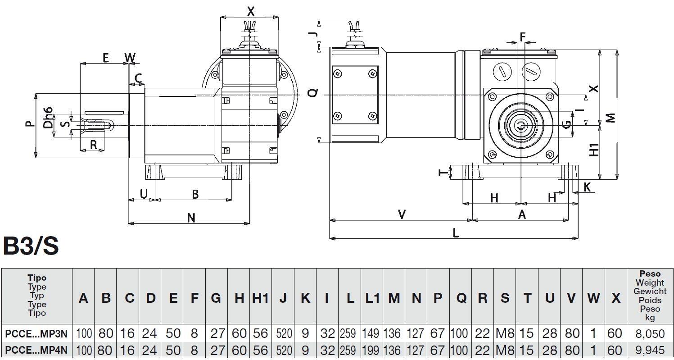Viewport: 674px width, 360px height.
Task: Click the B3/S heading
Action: click(x=31, y=246)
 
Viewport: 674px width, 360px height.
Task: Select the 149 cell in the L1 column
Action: click(x=371, y=334)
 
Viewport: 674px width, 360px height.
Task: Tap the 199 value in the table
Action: click(x=371, y=350)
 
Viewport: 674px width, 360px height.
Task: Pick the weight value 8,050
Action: click(x=650, y=334)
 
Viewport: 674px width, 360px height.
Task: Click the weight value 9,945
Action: click(x=650, y=350)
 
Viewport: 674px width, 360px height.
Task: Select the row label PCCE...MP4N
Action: click(x=36, y=350)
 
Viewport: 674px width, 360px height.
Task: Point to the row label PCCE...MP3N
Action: click(x=36, y=334)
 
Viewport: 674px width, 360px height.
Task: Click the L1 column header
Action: click(x=371, y=298)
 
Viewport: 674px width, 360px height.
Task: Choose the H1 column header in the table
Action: click(x=260, y=298)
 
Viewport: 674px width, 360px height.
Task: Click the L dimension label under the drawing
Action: click(x=455, y=233)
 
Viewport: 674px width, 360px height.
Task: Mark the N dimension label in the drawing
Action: click(x=191, y=218)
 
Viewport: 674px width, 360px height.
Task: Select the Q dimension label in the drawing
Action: click(x=312, y=93)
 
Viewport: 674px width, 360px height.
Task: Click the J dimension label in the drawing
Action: click(x=314, y=33)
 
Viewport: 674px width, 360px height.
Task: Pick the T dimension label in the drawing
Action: click(x=443, y=173)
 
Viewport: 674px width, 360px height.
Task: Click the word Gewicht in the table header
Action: click(x=650, y=291)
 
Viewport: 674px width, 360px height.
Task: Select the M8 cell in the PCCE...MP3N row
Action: click(x=505, y=334)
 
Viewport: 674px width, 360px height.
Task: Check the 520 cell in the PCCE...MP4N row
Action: click(x=283, y=350)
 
